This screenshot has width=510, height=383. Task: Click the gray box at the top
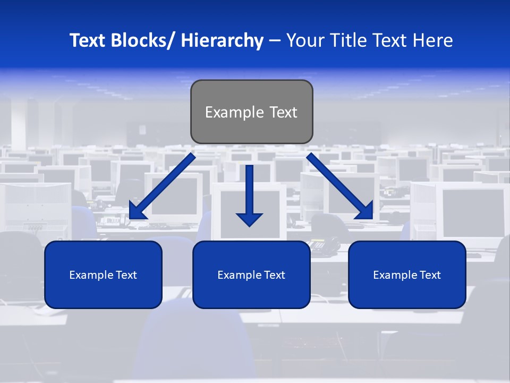click(251, 112)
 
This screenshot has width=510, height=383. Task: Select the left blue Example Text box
click(103, 274)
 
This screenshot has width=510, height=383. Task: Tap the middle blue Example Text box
click(251, 274)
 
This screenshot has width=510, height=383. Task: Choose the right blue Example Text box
click(407, 274)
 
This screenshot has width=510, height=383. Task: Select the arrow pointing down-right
click(340, 186)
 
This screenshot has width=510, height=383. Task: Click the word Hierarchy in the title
click(222, 40)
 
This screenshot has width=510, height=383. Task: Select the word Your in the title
click(304, 40)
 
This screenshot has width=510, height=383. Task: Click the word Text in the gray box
click(282, 112)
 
